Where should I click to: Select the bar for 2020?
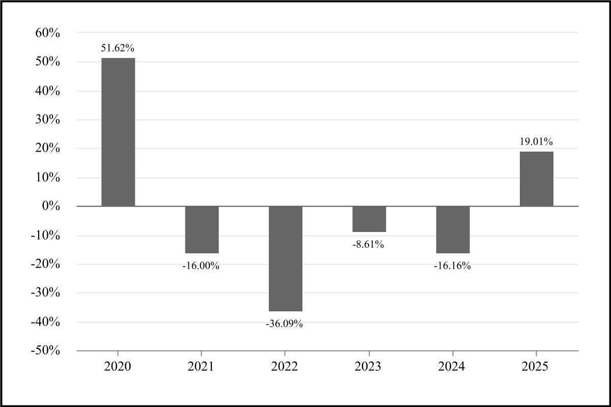pyautogui.click(x=118, y=132)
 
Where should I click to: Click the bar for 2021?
pyautogui.click(x=202, y=229)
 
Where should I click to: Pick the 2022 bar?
pyautogui.click(x=285, y=258)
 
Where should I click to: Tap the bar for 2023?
pyautogui.click(x=369, y=219)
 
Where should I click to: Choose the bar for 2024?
pyautogui.click(x=453, y=229)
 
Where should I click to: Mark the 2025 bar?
pyautogui.click(x=536, y=179)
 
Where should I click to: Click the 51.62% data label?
pyautogui.click(x=118, y=48)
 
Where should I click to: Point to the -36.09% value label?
pyautogui.click(x=285, y=324)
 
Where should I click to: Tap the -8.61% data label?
pyautogui.click(x=368, y=245)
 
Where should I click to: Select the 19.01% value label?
pyautogui.click(x=536, y=142)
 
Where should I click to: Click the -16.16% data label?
pyautogui.click(x=452, y=266)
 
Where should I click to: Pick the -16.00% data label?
pyautogui.click(x=201, y=266)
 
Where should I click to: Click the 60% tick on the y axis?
pyautogui.click(x=47, y=33)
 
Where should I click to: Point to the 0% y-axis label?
pyautogui.click(x=51, y=207)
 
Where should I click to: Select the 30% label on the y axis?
pyautogui.click(x=47, y=120)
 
